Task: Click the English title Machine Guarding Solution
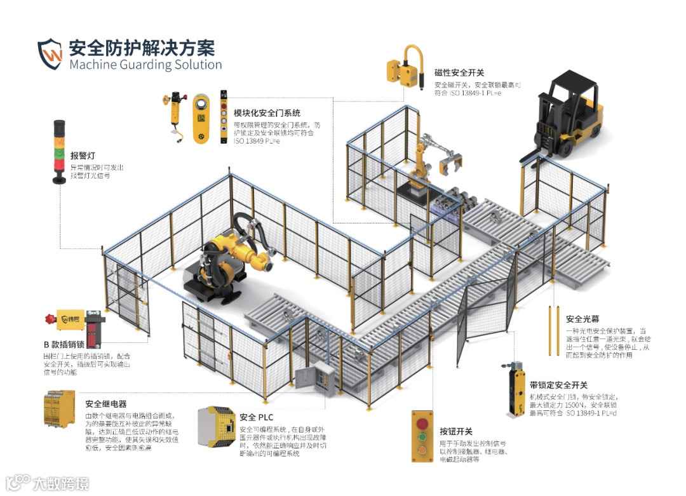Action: (x=145, y=65)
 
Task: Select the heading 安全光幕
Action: (x=583, y=319)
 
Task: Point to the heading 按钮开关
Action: (x=455, y=432)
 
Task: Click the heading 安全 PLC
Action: (x=257, y=418)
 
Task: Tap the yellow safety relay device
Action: (x=58, y=410)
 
